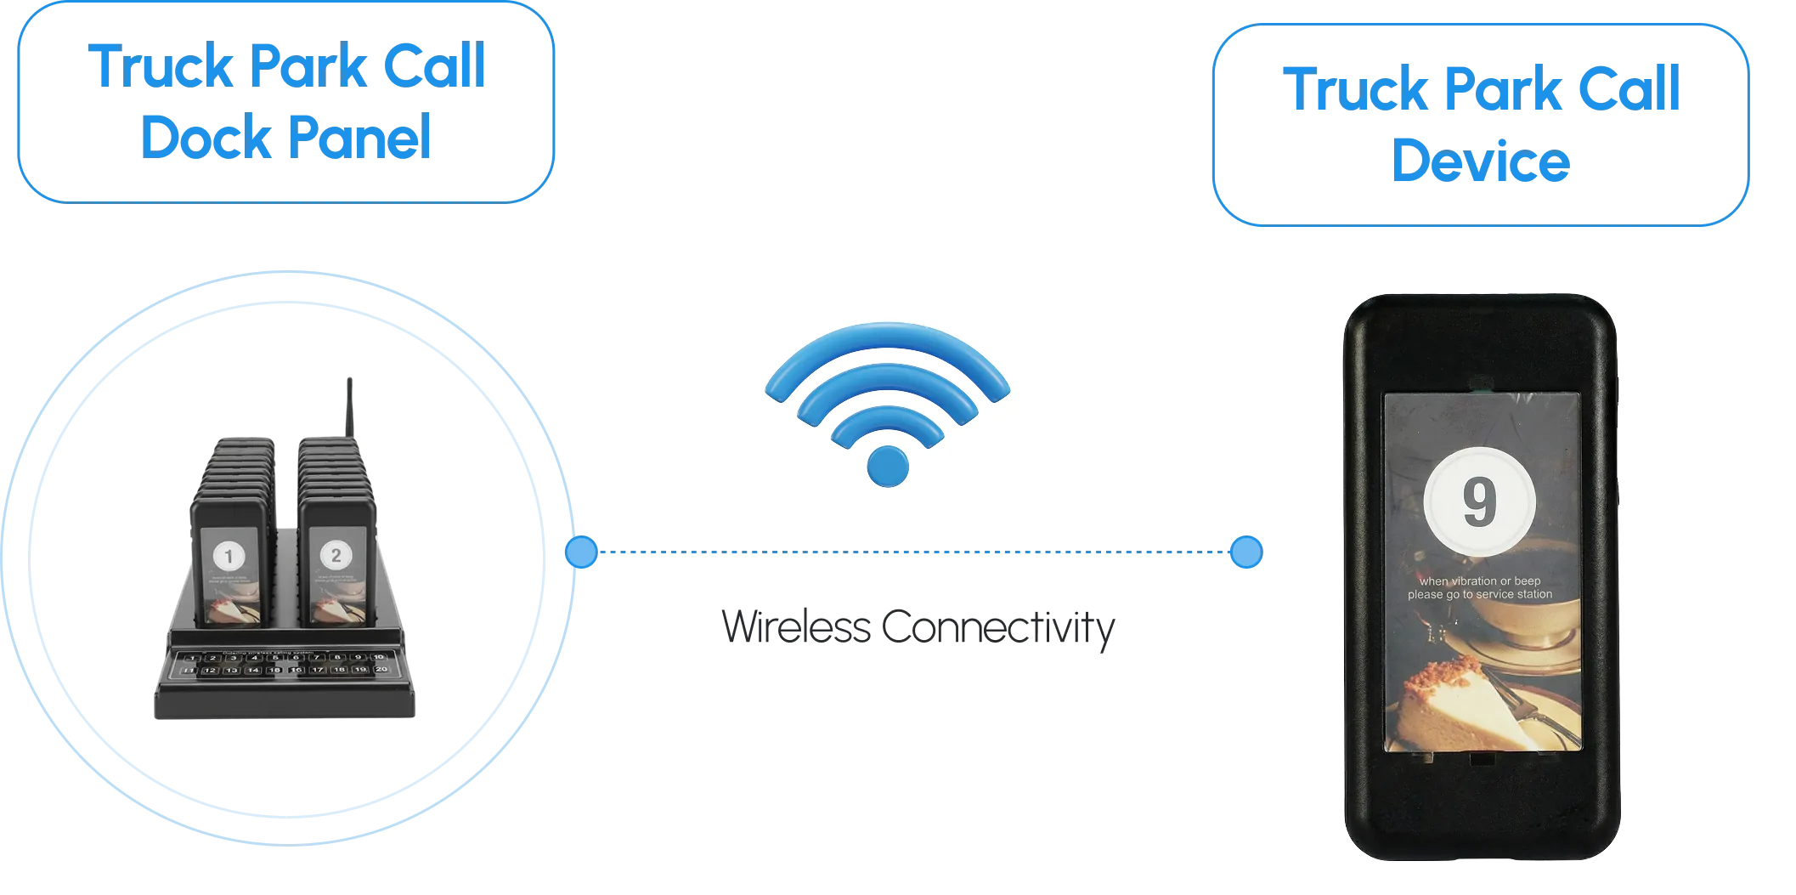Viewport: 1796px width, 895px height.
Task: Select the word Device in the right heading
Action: pos(1480,161)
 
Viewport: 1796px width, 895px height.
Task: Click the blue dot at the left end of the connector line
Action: pos(581,552)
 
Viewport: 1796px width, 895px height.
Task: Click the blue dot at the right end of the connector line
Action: pos(1245,552)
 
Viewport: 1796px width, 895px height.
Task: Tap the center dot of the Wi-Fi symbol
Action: pos(888,465)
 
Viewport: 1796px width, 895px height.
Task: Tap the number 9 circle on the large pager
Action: pos(1479,501)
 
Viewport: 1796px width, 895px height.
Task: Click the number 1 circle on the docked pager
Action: pos(228,558)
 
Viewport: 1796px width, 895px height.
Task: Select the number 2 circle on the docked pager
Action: pos(336,556)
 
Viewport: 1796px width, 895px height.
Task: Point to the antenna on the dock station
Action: pos(348,408)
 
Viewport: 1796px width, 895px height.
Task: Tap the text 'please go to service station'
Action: pos(1479,595)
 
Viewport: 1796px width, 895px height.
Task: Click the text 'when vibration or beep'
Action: pos(1479,581)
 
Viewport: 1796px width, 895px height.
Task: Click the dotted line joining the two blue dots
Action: pos(913,553)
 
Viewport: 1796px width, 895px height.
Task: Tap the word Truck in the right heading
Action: pos(1351,88)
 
